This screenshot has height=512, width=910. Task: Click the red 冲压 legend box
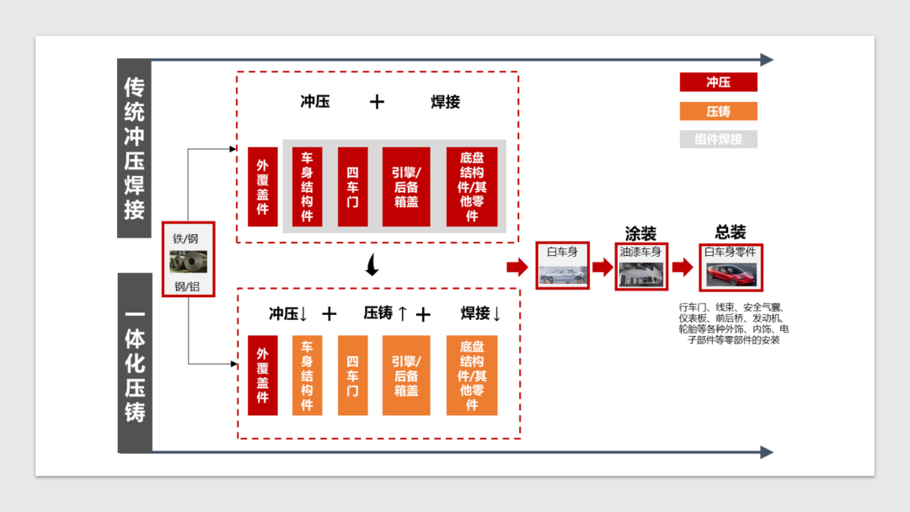(x=718, y=83)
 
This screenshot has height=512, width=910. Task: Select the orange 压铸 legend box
(x=718, y=111)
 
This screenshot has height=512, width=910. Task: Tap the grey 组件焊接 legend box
(x=718, y=139)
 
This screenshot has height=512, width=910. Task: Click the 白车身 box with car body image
(x=562, y=265)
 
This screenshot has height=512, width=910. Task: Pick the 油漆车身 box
(x=640, y=265)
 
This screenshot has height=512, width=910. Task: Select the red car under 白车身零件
(x=730, y=272)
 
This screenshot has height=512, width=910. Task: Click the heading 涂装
(x=640, y=233)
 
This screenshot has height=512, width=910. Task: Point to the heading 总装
(x=730, y=232)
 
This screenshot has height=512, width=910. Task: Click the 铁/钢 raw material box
(x=189, y=259)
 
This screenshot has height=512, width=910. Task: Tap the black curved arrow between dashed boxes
(x=371, y=266)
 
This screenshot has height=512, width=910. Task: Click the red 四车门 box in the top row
(x=353, y=187)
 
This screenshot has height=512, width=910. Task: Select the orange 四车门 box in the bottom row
(x=353, y=376)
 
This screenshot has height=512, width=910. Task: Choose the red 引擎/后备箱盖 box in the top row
(x=406, y=187)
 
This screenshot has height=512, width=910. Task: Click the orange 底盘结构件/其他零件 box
(x=472, y=376)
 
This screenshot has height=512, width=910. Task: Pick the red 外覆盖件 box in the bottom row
(x=263, y=376)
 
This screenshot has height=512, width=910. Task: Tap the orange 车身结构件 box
(x=307, y=376)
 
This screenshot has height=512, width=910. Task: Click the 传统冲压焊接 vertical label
(x=135, y=148)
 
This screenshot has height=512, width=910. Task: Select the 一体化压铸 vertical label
(x=135, y=362)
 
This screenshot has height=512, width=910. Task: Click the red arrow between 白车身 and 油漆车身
(x=602, y=267)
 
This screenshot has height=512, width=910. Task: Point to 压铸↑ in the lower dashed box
(x=386, y=313)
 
